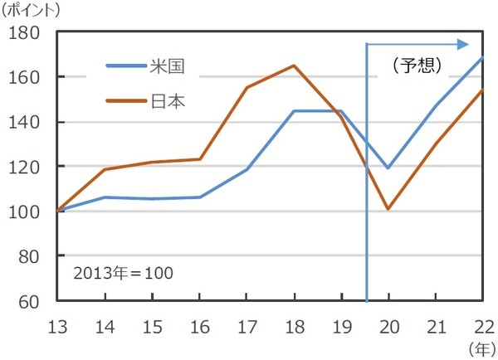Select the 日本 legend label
pyautogui.click(x=168, y=101)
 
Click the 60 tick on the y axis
pyautogui.click(x=31, y=300)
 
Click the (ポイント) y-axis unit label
pyautogui.click(x=32, y=10)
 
